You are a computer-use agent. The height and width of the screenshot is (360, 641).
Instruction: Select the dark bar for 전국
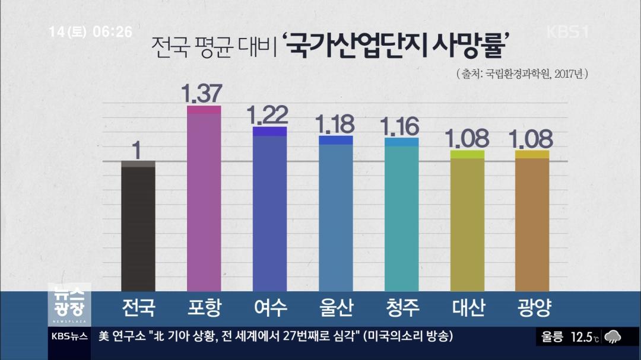[138, 226]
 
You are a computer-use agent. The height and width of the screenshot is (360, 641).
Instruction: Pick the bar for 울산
[336, 214]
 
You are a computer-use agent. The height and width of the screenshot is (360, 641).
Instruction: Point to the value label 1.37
[202, 93]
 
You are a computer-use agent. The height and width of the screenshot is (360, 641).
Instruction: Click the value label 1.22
[268, 114]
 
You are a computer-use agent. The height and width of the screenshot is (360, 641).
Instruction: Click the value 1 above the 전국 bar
[138, 151]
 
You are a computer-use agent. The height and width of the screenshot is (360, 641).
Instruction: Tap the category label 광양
[534, 308]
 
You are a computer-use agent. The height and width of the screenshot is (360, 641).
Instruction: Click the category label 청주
[402, 308]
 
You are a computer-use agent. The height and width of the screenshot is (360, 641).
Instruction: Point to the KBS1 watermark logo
[567, 32]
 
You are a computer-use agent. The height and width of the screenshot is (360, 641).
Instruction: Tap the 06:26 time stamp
[112, 32]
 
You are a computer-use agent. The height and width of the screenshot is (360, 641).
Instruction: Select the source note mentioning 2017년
[522, 75]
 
